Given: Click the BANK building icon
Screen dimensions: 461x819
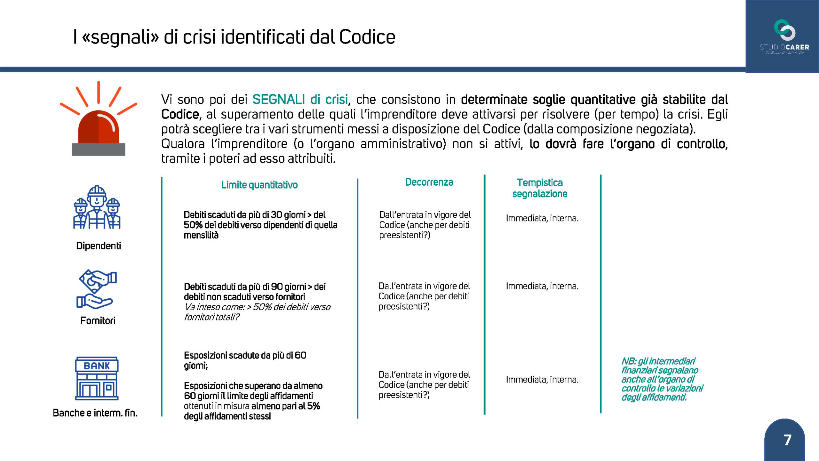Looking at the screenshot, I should pos(97,378).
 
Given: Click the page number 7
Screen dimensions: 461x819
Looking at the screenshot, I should pos(787,440).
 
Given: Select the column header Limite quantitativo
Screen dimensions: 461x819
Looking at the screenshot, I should pos(259,185).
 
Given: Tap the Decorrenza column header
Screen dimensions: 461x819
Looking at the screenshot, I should pos(429,182).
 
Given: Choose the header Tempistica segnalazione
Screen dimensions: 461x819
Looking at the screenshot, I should pos(540,188).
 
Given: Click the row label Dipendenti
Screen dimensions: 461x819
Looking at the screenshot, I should pos(99,246).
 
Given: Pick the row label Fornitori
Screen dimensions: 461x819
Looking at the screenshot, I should pos(98,320).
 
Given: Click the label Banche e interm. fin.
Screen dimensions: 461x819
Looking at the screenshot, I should pos(95,413).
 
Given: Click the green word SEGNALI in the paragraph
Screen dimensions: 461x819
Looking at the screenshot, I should pos(278,100).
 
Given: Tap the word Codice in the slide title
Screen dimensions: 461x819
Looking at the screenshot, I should pos(367,37).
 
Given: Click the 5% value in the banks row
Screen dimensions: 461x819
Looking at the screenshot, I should pos(314,406).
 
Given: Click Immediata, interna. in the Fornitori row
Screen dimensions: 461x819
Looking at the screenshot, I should pos(542,286).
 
